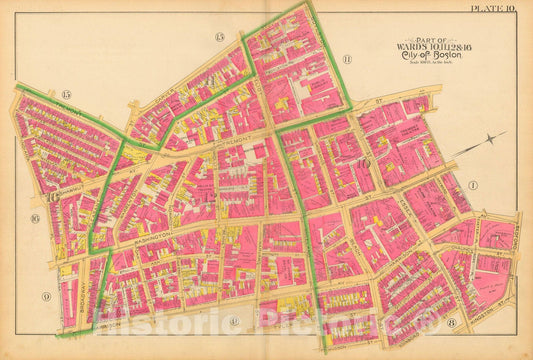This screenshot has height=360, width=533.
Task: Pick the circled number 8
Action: [x=451, y=322]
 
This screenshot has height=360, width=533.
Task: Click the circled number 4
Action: [x=233, y=321]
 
